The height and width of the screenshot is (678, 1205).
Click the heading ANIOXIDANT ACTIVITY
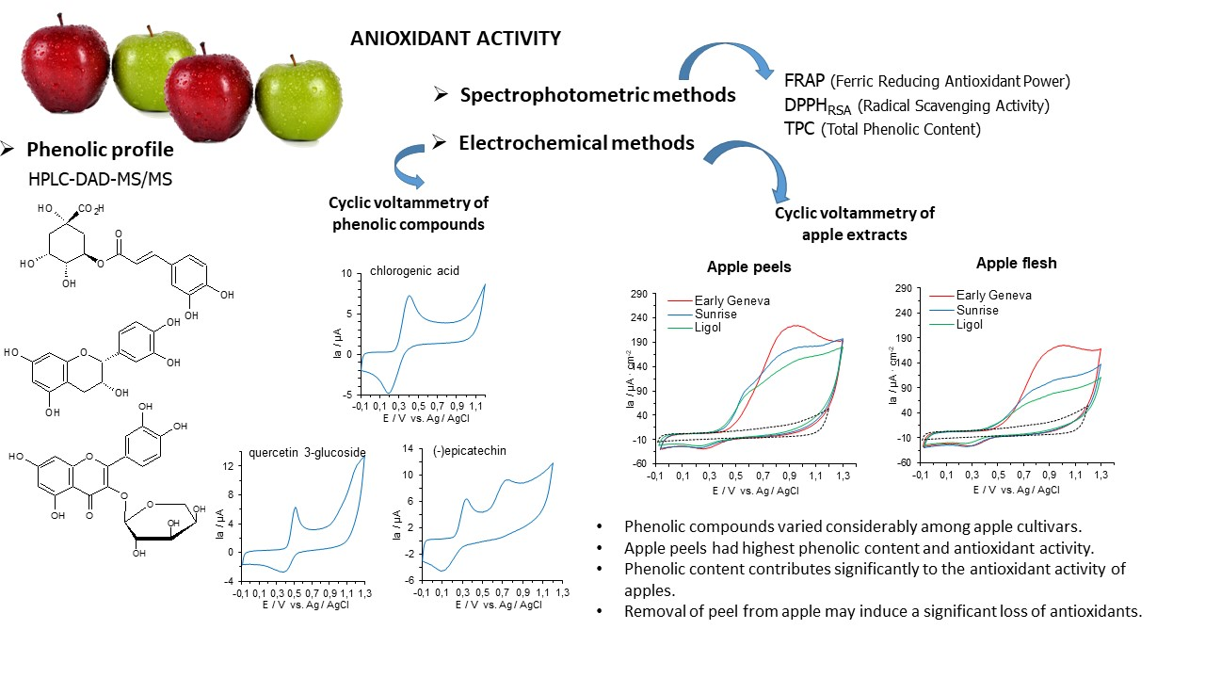tap(456, 39)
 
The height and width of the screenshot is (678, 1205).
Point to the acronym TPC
tap(800, 129)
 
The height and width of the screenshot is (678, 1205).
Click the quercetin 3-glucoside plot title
tap(307, 452)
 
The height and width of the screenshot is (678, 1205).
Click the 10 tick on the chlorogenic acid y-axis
tap(345, 274)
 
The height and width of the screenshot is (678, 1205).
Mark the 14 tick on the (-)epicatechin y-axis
tap(409, 449)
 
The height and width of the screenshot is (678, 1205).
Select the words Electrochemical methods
tap(576, 143)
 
